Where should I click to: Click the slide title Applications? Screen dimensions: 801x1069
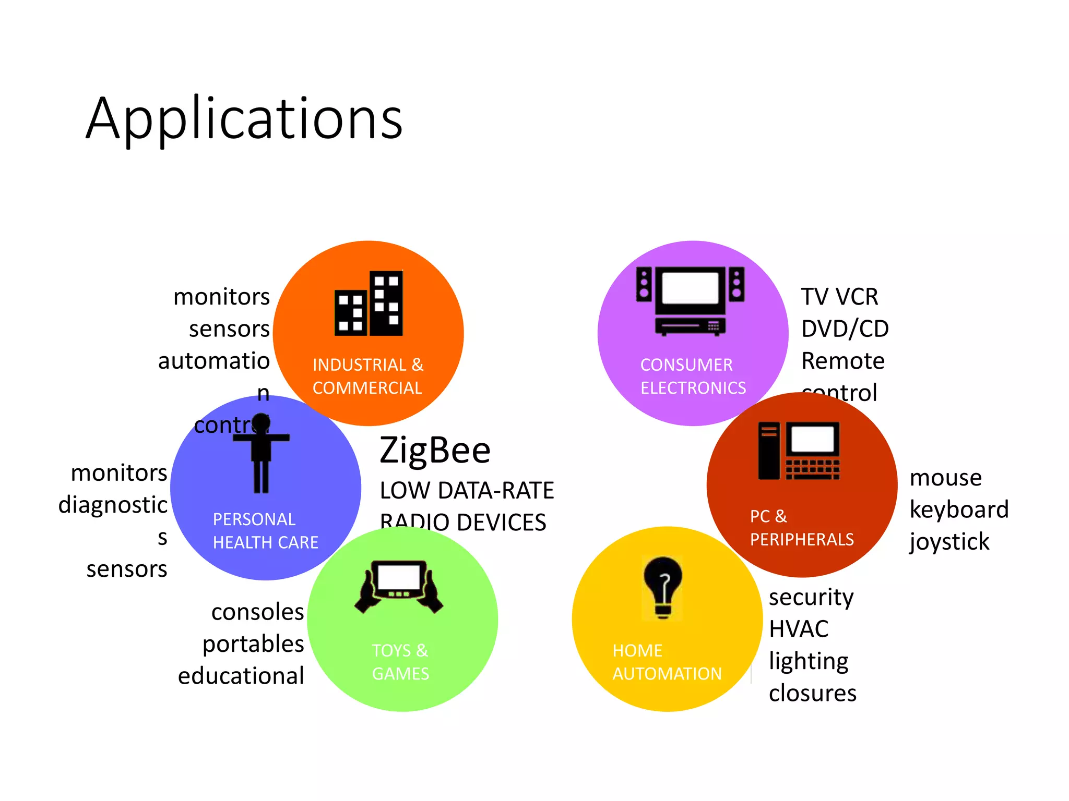coord(244,119)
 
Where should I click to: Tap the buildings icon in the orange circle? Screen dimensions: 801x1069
coord(369,304)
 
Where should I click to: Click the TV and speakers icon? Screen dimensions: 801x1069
coord(690,301)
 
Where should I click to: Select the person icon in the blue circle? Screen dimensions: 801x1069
coord(261,453)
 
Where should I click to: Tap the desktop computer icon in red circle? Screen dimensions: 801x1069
coord(799,451)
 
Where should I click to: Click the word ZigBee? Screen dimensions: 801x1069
coord(435,450)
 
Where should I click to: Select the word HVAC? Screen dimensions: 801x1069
coord(799,629)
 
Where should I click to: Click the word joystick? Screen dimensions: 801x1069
coord(949,542)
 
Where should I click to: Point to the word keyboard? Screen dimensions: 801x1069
coord(959,509)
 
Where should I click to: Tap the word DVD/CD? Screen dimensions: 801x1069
coord(845,329)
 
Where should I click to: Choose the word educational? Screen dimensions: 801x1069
coord(241,676)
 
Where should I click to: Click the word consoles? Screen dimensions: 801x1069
coord(257,612)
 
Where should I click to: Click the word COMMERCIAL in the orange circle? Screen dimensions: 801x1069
coord(367,388)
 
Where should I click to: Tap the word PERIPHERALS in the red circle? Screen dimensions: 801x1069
coord(802,539)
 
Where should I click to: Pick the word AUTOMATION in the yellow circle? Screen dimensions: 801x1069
coord(667,674)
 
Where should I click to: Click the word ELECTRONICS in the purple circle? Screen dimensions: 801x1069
coord(693,388)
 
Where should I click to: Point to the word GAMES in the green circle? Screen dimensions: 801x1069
coord(400,674)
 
